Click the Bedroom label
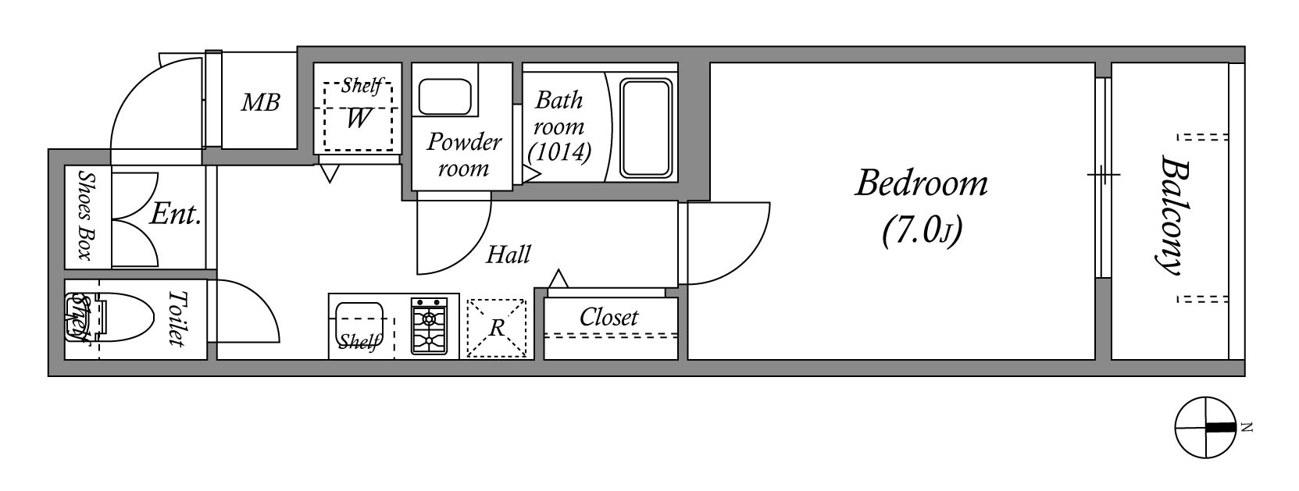pos(921,184)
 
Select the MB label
pos(260,102)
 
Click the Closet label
pos(608,318)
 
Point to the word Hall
pos(509,254)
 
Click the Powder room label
pos(463,155)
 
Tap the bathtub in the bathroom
pos(645,128)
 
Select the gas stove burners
pos(428,328)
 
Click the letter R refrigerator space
pos(497,329)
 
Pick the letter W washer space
pos(358,119)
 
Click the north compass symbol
pos(1205,427)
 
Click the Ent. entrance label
pos(175,215)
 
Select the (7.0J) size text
pos(921,232)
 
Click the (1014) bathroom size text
pos(558,151)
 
